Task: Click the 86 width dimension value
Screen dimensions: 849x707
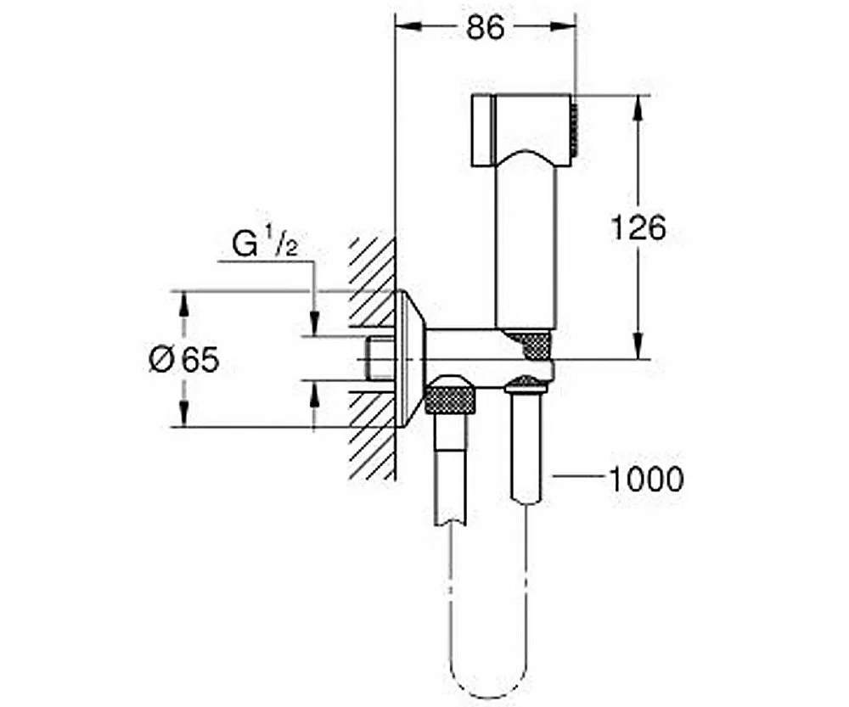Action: click(x=485, y=27)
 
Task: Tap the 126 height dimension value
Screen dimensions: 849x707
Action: click(x=638, y=227)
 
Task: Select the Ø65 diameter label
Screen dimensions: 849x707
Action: click(x=184, y=360)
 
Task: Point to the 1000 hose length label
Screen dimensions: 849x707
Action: click(x=646, y=479)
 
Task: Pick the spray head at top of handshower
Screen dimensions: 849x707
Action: click(x=522, y=130)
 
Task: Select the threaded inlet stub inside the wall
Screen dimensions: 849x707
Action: click(x=382, y=358)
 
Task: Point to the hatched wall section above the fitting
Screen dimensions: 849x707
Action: click(x=373, y=282)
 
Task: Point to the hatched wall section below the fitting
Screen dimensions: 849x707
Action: click(x=373, y=435)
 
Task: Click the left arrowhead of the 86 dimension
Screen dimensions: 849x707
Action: click(x=408, y=26)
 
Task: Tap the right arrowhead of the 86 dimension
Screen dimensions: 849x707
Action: click(x=563, y=26)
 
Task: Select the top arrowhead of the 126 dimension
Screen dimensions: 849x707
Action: click(x=639, y=108)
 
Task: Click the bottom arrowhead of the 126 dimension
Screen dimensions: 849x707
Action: click(x=639, y=346)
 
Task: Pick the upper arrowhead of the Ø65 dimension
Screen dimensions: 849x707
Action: click(x=184, y=304)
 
